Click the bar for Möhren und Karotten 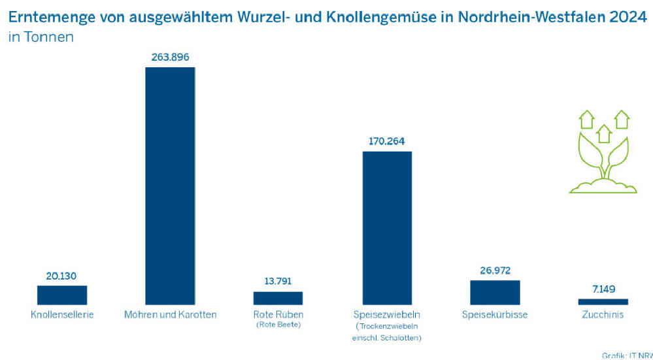click(x=170, y=186)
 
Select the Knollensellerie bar click(x=62, y=295)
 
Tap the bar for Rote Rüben click(x=278, y=298)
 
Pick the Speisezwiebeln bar click(x=387, y=227)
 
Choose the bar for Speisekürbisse click(x=495, y=292)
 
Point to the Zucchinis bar click(x=603, y=302)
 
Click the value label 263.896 click(x=170, y=57)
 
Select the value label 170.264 click(x=387, y=141)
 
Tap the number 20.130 click(x=62, y=276)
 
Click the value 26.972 click(x=495, y=270)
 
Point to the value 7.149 click(x=603, y=289)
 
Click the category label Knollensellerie click(x=62, y=315)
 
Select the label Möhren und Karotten click(x=170, y=315)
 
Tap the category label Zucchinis click(x=603, y=315)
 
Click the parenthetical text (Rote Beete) click(x=278, y=325)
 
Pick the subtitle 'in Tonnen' click(x=41, y=37)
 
